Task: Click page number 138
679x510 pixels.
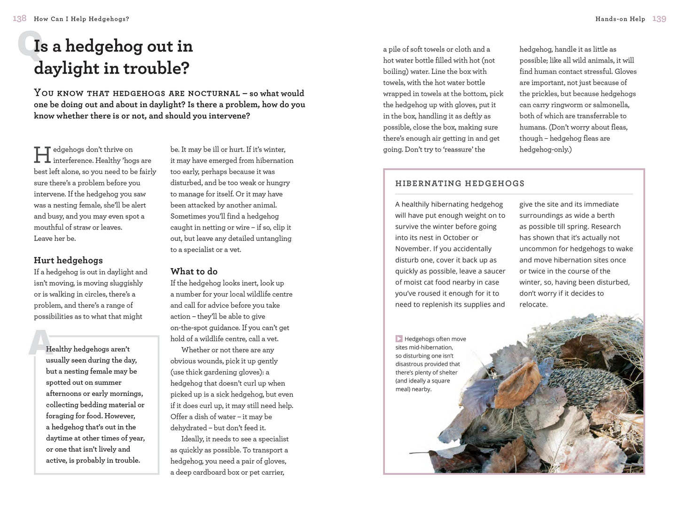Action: coord(19,18)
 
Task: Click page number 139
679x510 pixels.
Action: coord(659,19)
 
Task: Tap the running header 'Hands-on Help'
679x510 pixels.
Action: coord(620,19)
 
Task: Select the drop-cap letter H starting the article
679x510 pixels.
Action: coord(42,155)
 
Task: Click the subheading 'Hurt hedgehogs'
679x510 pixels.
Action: coord(68,260)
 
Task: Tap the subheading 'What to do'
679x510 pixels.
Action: coord(194,271)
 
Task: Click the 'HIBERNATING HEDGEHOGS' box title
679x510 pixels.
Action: coord(460,183)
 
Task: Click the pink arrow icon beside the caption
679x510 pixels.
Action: coord(399,339)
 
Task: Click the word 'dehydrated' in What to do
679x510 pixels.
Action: coord(189,428)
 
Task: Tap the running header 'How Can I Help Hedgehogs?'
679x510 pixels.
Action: coord(81,19)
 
